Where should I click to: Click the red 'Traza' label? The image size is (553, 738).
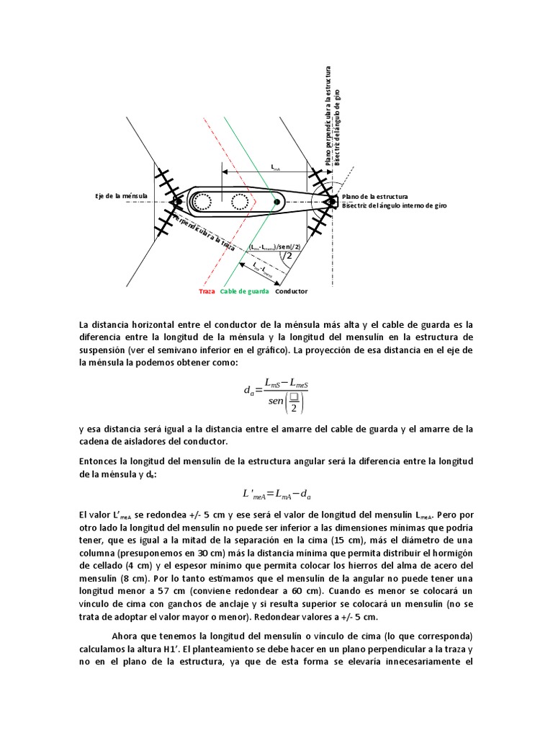click(x=207, y=291)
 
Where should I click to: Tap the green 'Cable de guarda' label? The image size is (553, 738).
click(x=244, y=291)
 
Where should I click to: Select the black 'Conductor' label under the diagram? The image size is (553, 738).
click(x=291, y=291)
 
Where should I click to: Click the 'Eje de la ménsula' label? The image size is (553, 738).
click(x=122, y=196)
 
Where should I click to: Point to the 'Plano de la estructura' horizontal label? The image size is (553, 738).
click(x=375, y=196)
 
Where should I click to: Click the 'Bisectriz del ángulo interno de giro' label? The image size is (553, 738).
click(x=394, y=206)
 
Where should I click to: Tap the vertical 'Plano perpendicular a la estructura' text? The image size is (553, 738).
click(x=328, y=115)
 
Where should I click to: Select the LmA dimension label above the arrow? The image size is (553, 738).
click(x=275, y=167)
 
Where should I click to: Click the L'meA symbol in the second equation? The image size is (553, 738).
click(x=256, y=494)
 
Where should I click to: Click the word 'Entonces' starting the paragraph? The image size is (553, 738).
click(x=99, y=461)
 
